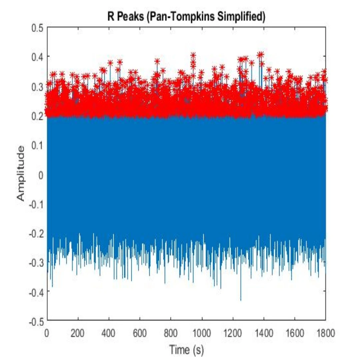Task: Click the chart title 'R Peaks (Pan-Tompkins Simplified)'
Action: point(186,17)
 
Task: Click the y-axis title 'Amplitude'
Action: point(21,174)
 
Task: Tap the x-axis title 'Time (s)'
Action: point(186,350)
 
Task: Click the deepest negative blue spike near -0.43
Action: point(241,299)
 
